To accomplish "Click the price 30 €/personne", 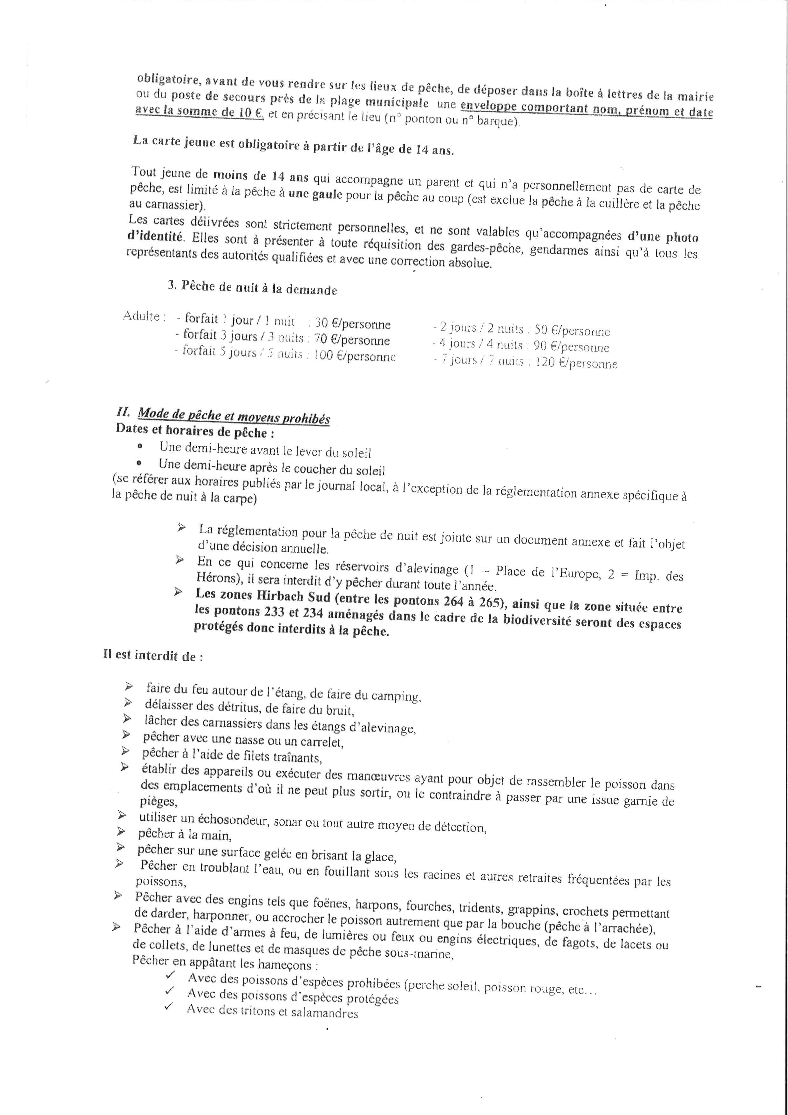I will click(x=352, y=324).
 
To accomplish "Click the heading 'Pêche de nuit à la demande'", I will click(x=259, y=288).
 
